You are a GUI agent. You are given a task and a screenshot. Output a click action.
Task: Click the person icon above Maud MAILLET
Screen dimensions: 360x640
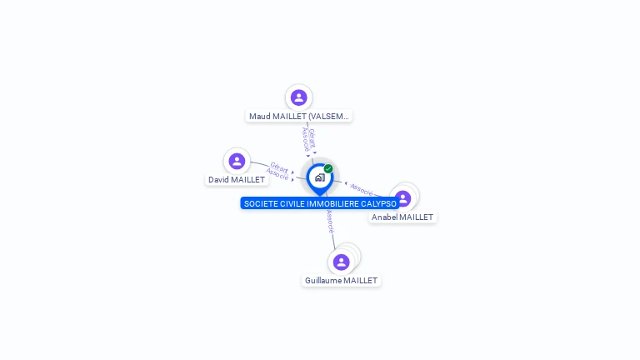[x=299, y=97]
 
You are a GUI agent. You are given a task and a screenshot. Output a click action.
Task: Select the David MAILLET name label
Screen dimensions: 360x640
[x=237, y=180]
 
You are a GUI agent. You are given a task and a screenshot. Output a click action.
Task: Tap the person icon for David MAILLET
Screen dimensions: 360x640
[x=237, y=161]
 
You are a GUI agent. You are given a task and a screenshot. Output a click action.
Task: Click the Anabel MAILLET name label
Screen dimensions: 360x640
[x=402, y=217]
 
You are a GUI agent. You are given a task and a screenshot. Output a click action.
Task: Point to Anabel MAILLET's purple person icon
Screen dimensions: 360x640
[x=403, y=198]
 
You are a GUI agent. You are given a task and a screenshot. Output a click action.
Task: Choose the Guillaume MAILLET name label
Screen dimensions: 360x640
[x=341, y=281]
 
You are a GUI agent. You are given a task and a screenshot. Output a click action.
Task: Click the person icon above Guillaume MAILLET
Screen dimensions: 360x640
[x=341, y=262]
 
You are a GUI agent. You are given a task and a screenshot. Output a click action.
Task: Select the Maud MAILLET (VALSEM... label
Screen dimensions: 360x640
[x=298, y=117]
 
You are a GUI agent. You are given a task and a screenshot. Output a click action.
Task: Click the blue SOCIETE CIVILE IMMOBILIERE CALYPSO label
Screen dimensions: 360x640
[x=319, y=203]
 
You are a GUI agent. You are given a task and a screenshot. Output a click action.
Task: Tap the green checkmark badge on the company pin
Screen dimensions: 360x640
[x=328, y=169]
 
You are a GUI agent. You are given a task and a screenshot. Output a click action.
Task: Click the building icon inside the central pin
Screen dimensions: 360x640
[x=319, y=177]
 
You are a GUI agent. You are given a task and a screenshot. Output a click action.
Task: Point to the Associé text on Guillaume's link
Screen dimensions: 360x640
[x=330, y=222]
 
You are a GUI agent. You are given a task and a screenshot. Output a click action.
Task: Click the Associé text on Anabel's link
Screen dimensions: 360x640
[x=362, y=189]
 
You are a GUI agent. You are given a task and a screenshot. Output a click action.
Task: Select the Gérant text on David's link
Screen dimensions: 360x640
[x=279, y=167]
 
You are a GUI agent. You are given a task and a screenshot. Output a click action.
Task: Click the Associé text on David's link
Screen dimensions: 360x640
[x=277, y=175]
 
